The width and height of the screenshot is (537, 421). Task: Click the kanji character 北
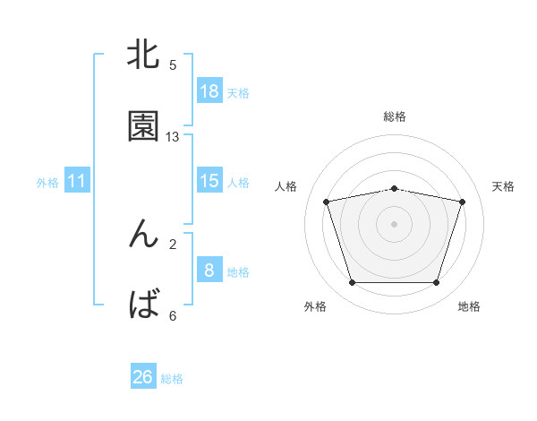pyautogui.click(x=143, y=56)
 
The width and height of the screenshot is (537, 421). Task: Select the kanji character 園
pyautogui.click(x=143, y=126)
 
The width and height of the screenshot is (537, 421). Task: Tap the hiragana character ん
pyautogui.click(x=143, y=234)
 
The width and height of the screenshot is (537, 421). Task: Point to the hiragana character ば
pyautogui.click(x=143, y=305)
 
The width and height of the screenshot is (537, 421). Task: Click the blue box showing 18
pyautogui.click(x=209, y=90)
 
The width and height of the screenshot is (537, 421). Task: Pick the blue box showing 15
pyautogui.click(x=209, y=181)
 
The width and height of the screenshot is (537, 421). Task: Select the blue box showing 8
pyautogui.click(x=209, y=270)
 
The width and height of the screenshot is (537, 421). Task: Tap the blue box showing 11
pyautogui.click(x=77, y=181)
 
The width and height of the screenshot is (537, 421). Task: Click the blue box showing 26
pyautogui.click(x=143, y=377)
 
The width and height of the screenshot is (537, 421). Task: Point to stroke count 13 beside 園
pyautogui.click(x=173, y=137)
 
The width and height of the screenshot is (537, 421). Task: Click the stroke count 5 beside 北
pyautogui.click(x=173, y=65)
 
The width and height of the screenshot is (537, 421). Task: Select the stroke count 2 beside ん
pyautogui.click(x=173, y=244)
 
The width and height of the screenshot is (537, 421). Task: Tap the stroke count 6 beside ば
pyautogui.click(x=173, y=315)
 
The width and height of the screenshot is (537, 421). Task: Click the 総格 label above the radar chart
pyautogui.click(x=395, y=116)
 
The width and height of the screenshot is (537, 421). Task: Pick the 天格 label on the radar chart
pyautogui.click(x=503, y=186)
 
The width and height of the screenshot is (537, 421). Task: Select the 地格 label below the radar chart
pyautogui.click(x=469, y=307)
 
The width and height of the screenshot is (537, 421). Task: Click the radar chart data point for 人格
pyautogui.click(x=326, y=202)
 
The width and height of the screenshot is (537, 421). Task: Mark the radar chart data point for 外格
pyautogui.click(x=352, y=283)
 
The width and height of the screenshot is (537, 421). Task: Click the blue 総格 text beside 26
pyautogui.click(x=172, y=379)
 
